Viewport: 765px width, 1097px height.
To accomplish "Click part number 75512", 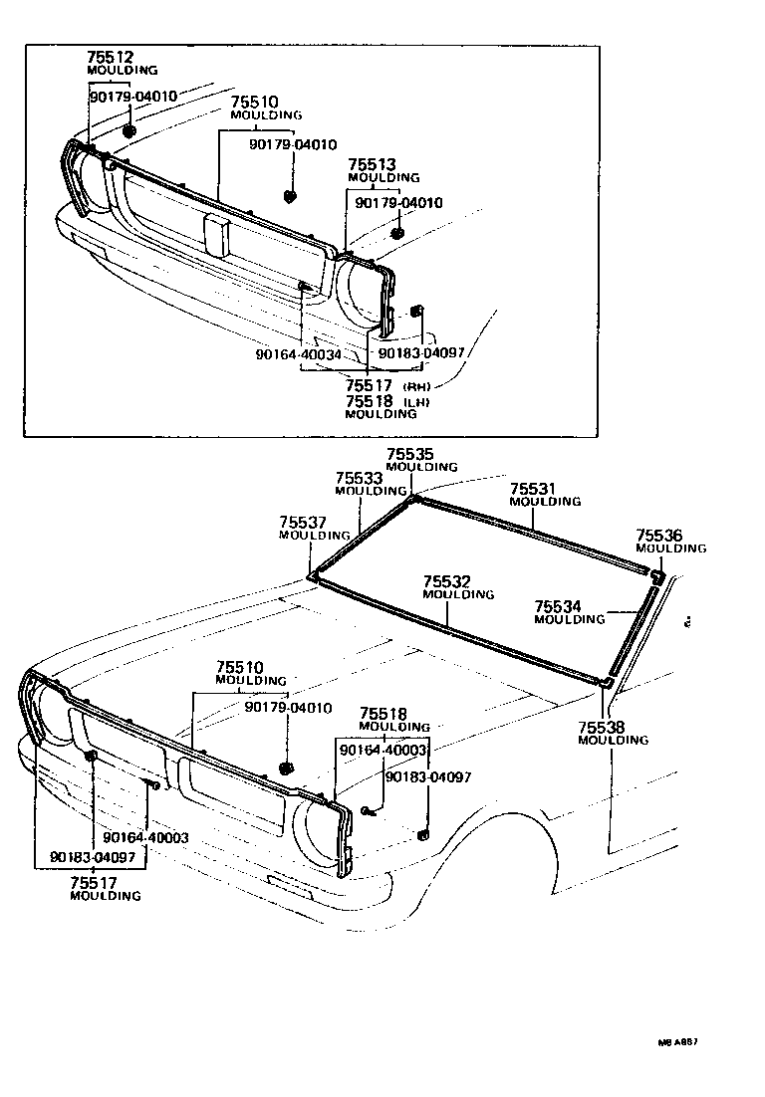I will (x=109, y=58).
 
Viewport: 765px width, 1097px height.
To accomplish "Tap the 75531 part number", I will (x=533, y=489).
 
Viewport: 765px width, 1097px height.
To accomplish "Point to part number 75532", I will (x=446, y=581).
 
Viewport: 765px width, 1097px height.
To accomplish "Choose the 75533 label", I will (x=359, y=478).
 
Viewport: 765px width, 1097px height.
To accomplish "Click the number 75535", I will (x=410, y=454).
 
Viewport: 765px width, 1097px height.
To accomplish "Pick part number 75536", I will (x=659, y=536).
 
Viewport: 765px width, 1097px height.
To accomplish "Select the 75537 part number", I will (x=303, y=523).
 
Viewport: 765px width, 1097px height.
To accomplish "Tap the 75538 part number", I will (x=602, y=728).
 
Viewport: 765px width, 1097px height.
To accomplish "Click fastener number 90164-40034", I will (x=298, y=353).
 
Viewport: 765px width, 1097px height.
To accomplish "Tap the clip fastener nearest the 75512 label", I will (x=129, y=130).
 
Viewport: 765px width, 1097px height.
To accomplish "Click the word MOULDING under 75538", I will (x=613, y=741).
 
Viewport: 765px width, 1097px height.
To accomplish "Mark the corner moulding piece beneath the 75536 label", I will (x=656, y=575).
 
